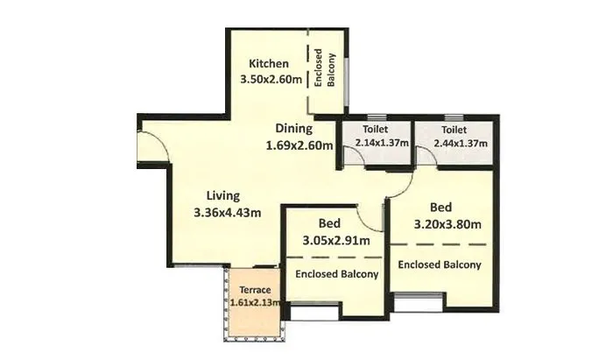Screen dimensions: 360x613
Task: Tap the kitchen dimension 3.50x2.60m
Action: pos(271,80)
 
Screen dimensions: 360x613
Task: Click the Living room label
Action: pos(223,194)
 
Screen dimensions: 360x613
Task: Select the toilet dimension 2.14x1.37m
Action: pos(376,143)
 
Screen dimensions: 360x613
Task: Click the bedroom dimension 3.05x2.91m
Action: pos(336,240)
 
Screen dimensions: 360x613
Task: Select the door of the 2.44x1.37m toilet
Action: pos(427,155)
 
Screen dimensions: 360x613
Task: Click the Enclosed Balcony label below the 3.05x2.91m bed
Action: pos(336,274)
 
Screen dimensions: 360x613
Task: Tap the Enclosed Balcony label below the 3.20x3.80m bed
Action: pos(440,264)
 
